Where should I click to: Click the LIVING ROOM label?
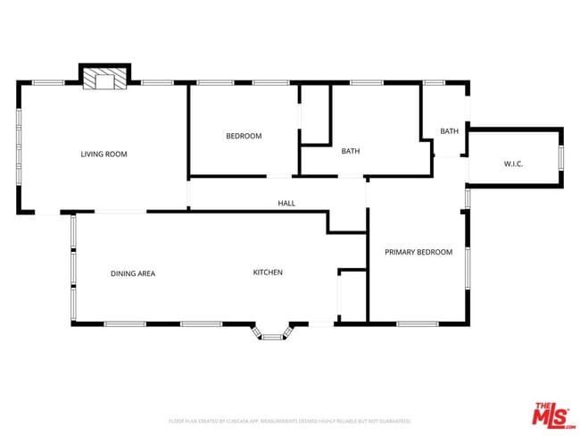(x=104, y=155)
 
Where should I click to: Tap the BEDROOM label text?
(x=244, y=136)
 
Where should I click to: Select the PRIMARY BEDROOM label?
(x=418, y=252)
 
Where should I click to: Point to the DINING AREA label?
(x=133, y=273)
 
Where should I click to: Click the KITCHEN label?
(x=268, y=272)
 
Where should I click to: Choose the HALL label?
(x=286, y=204)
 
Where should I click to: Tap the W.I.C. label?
(x=513, y=163)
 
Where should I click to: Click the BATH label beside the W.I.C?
(x=449, y=131)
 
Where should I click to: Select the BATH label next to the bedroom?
(x=351, y=151)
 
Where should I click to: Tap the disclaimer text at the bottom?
(x=289, y=420)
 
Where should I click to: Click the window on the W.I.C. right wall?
(x=561, y=157)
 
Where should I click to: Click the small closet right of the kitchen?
(x=352, y=296)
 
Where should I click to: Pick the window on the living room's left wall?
(x=18, y=147)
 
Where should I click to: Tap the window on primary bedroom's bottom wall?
(x=417, y=323)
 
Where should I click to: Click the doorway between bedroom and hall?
(x=280, y=176)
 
